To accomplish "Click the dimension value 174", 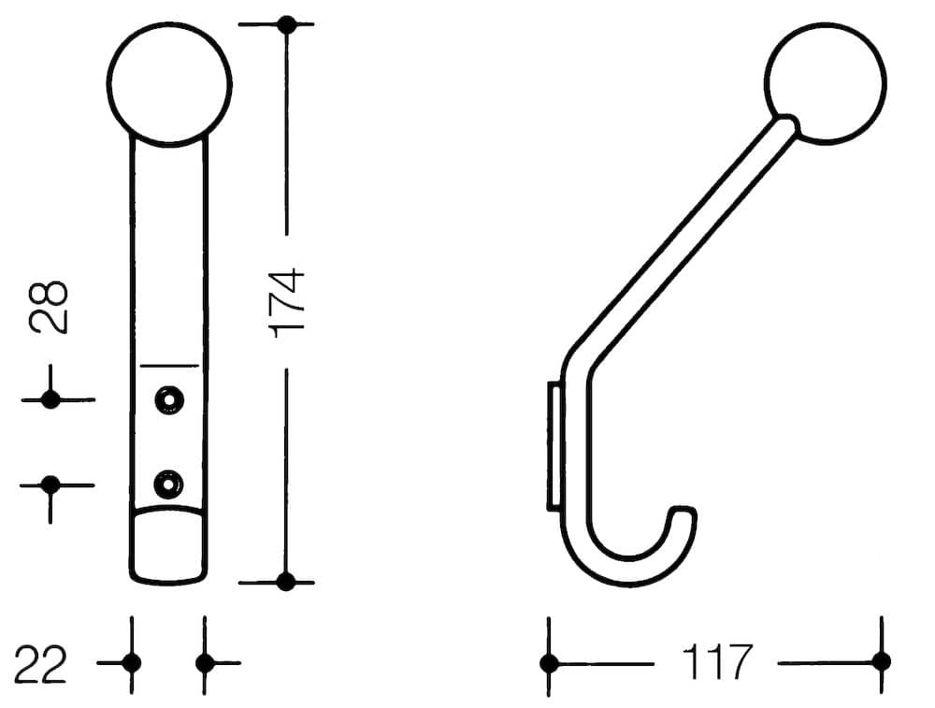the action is [x=287, y=304].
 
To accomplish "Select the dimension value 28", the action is [x=49, y=306].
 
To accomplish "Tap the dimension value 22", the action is [x=40, y=664].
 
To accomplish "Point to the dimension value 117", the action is [x=717, y=661].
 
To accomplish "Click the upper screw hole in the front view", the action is [x=168, y=399].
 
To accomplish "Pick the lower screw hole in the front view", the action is [x=168, y=484].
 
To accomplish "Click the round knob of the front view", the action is [x=169, y=83].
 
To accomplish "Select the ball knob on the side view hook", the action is [x=826, y=83].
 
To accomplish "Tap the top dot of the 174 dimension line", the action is [x=287, y=24].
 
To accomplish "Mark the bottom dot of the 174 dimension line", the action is [x=285, y=581].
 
